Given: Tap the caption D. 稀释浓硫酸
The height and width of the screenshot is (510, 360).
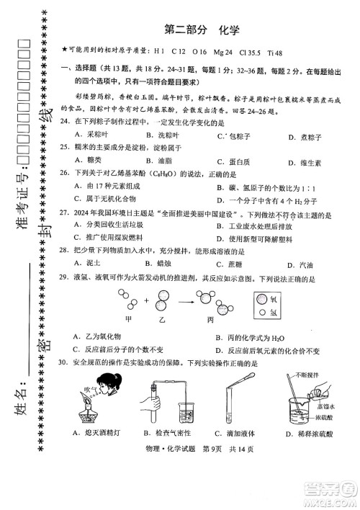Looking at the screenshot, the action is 307,432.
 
